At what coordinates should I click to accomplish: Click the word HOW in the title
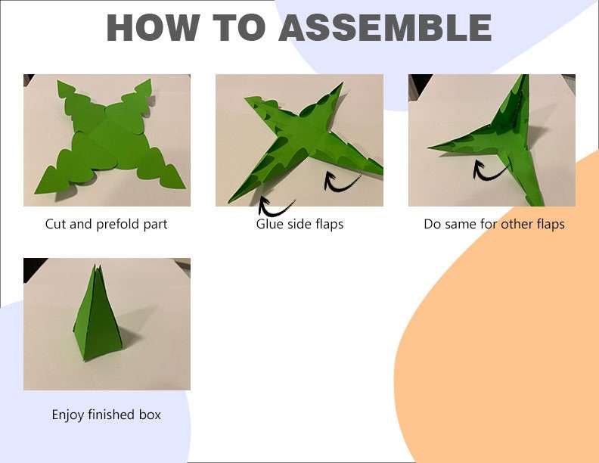click(153, 27)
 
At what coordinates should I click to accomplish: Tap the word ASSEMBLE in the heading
click(385, 27)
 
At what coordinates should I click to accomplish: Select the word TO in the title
click(239, 27)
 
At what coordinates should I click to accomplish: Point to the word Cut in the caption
click(56, 224)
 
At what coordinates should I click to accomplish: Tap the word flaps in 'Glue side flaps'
click(329, 224)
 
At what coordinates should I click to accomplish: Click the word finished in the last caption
click(111, 415)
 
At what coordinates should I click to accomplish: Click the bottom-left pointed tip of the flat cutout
click(35, 193)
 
